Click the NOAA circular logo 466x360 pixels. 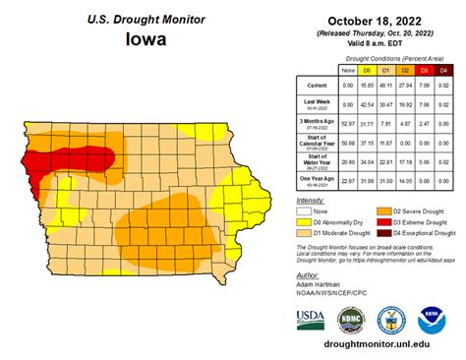pyautogui.click(x=429, y=321)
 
